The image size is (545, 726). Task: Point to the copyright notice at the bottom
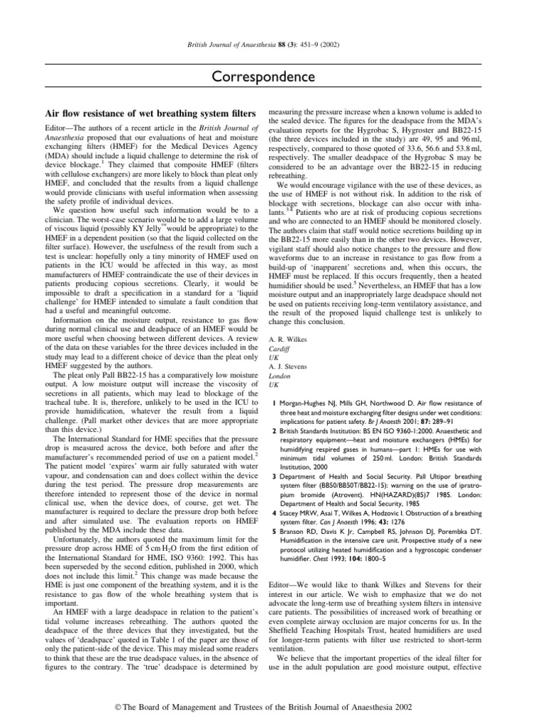(x=272, y=706)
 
